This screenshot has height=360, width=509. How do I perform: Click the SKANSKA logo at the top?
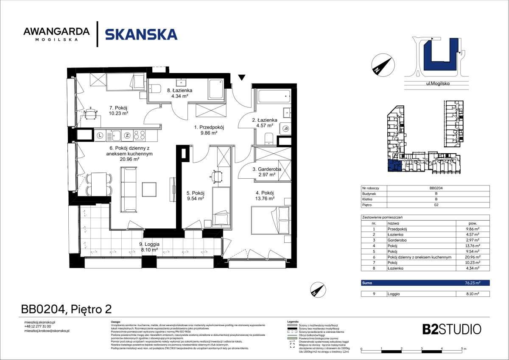point(141,34)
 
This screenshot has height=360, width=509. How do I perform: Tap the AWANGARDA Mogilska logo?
point(56,34)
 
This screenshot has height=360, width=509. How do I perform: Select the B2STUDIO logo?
point(452,329)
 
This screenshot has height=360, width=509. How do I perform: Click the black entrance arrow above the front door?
point(241,78)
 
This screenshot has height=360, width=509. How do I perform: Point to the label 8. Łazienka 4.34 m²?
point(179,93)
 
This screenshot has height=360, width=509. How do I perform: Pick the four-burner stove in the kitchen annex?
point(140,136)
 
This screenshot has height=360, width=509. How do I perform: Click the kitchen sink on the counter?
point(116,136)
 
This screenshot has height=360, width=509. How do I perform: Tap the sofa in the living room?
point(128,189)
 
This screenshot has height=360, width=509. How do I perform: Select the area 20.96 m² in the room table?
point(473,257)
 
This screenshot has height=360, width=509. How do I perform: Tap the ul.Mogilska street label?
point(438,84)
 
